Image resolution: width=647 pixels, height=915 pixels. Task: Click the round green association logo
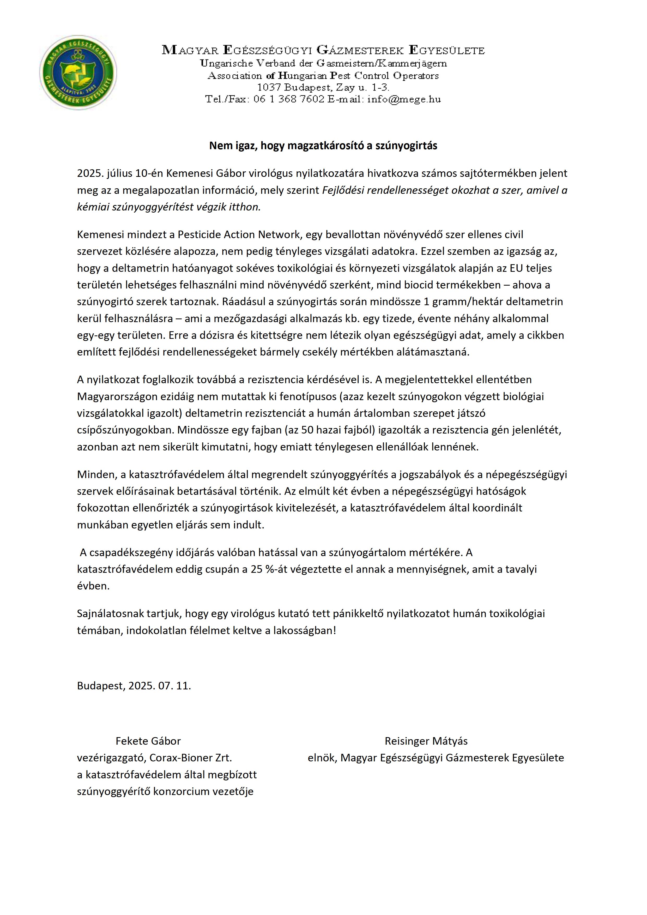pyautogui.click(x=78, y=73)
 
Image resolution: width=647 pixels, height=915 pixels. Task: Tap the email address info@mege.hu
pyautogui.click(x=404, y=99)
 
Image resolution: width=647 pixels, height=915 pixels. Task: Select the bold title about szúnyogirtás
pyautogui.click(x=323, y=146)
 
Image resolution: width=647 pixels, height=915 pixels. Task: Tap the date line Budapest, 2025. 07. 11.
pyautogui.click(x=134, y=685)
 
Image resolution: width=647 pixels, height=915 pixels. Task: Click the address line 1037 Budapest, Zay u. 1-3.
pyautogui.click(x=323, y=87)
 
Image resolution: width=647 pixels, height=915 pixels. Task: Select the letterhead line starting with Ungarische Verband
pyautogui.click(x=323, y=63)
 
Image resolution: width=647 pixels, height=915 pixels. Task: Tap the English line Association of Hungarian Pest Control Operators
pyautogui.click(x=323, y=76)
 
